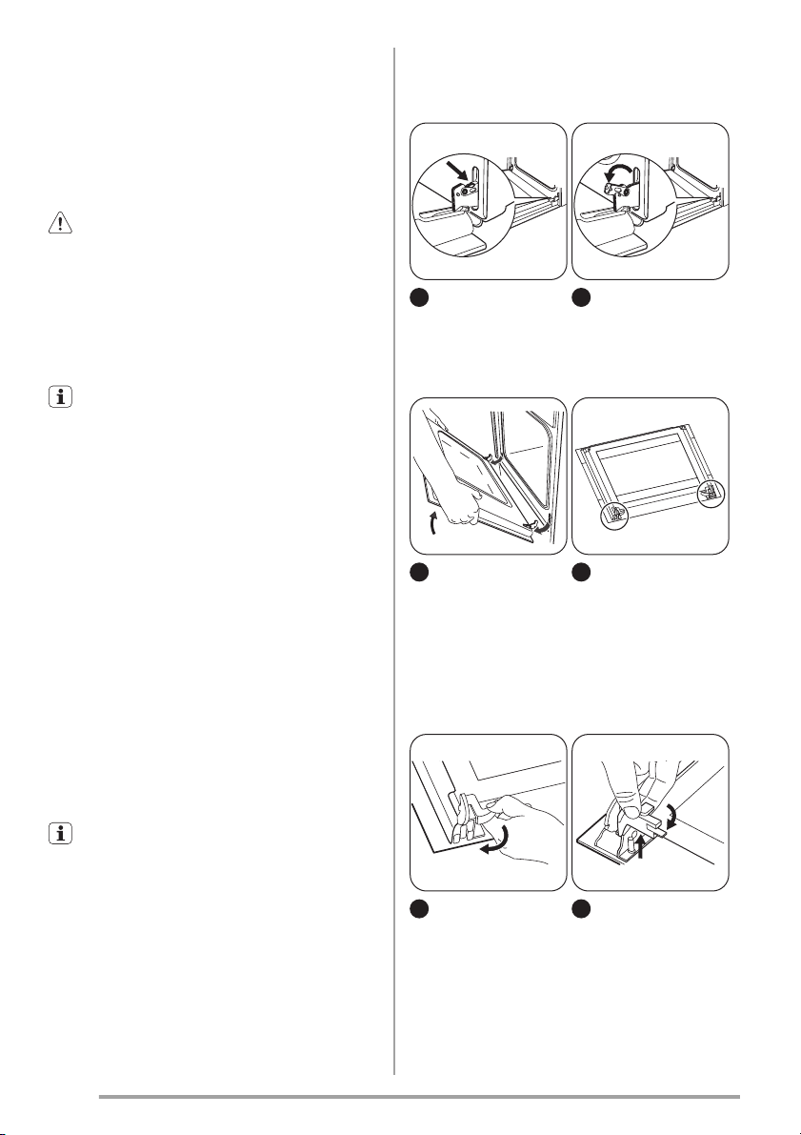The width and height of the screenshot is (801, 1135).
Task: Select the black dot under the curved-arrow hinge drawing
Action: [x=582, y=299]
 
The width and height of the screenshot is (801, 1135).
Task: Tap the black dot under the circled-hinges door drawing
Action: [x=582, y=574]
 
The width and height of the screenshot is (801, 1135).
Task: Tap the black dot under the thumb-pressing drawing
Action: [x=582, y=910]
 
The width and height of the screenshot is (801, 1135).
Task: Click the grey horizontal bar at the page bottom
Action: [x=419, y=1097]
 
